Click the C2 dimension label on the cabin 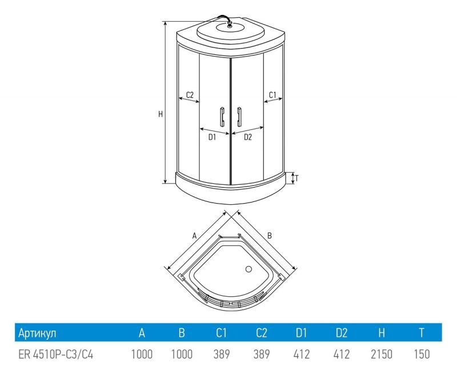coord(190,95)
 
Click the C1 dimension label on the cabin coord(272,95)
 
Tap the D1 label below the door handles coord(212,137)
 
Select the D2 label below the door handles coord(248,137)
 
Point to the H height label coord(161,114)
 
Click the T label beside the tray coord(296,178)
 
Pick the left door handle coord(222,117)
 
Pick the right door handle coord(239,117)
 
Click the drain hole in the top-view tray coord(248,269)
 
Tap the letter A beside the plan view coord(195,236)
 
